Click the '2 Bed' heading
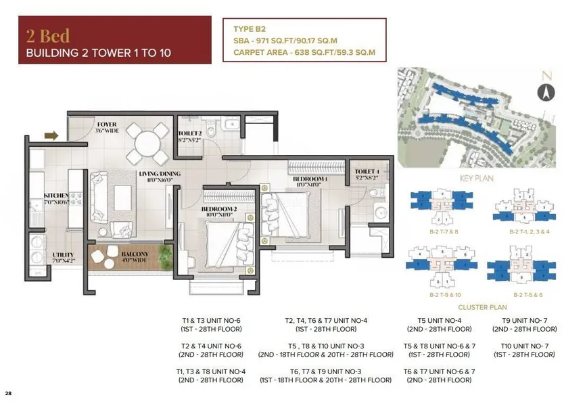click(x=48, y=35)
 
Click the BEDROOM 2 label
click(x=218, y=210)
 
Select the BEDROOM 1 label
click(x=302, y=179)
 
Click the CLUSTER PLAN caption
click(x=477, y=306)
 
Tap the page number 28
click(x=8, y=393)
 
